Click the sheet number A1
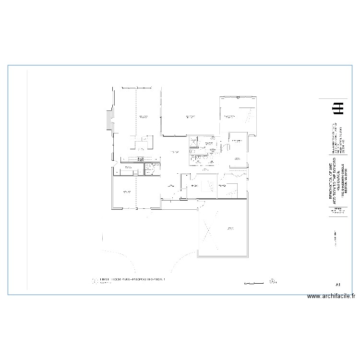click(x=338, y=285)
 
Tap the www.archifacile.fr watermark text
click(x=331, y=297)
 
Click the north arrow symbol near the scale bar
click(x=273, y=281)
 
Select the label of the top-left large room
click(x=143, y=117)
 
